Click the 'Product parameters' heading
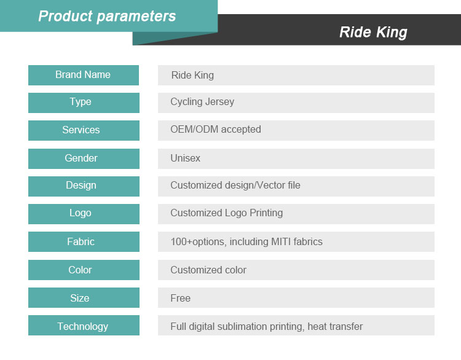coord(107,16)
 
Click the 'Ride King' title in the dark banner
coord(373,33)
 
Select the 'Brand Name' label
coord(83,75)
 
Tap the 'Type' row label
coord(81,102)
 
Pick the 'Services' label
coord(81,130)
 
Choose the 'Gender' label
coord(81,158)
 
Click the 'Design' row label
coord(81,186)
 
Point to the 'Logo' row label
coord(81,213)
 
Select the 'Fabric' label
coord(81,241)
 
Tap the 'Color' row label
coord(80,270)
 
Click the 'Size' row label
coord(80,298)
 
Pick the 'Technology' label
coord(82,326)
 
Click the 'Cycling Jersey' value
coord(202,102)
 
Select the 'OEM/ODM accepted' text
coord(216,130)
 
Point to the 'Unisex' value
coord(185,158)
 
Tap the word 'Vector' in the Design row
coord(271,185)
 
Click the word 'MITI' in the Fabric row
coord(281,241)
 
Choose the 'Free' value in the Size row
coord(180,298)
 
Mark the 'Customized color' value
coord(208,270)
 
